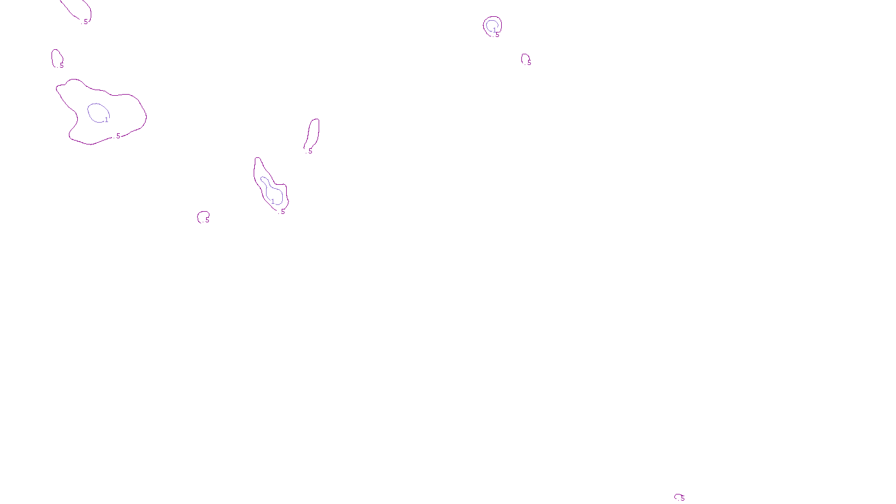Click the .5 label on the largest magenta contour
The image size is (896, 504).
[118, 136]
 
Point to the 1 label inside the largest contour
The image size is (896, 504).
[106, 120]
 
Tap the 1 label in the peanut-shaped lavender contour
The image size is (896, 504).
[273, 202]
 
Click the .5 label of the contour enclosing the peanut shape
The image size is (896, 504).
[282, 212]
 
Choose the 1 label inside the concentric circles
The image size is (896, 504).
[494, 30]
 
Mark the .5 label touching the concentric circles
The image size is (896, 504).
[497, 35]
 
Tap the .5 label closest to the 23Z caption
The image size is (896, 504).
[682, 498]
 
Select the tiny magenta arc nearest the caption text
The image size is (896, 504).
[676, 496]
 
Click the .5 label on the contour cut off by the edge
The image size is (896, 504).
[86, 22]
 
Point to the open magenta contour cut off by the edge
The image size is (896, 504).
[73, 11]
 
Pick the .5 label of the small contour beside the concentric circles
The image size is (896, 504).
[529, 63]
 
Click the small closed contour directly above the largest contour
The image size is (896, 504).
[54, 56]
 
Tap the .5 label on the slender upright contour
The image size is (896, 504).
[310, 151]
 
